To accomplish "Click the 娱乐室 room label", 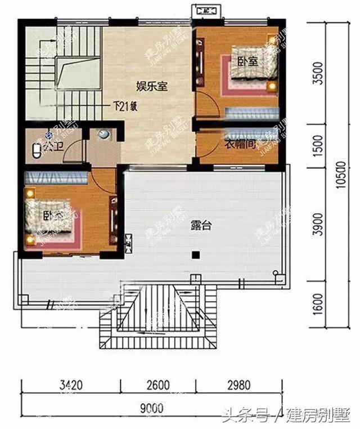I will (153, 86).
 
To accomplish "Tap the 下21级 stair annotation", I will (125, 106).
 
